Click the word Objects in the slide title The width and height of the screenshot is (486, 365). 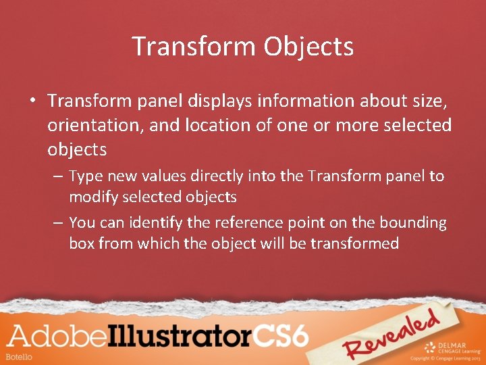coord(308,47)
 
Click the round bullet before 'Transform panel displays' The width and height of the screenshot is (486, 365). coord(32,101)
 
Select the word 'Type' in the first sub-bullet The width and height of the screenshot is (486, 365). coord(86,176)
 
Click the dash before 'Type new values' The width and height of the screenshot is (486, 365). coord(57,177)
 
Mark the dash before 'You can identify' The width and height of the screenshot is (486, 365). coord(57,223)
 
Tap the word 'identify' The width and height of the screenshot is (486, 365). coord(159,223)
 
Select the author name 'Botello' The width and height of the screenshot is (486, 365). coord(18,356)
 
